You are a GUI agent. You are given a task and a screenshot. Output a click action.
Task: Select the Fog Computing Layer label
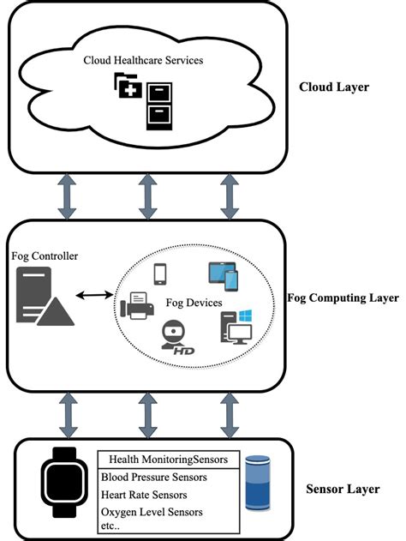(343, 298)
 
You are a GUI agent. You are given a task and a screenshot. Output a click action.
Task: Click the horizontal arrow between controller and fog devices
(96, 296)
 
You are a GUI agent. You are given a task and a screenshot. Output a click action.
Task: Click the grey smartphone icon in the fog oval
(159, 273)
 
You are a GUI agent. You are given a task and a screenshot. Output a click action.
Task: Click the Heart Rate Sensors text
(144, 495)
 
